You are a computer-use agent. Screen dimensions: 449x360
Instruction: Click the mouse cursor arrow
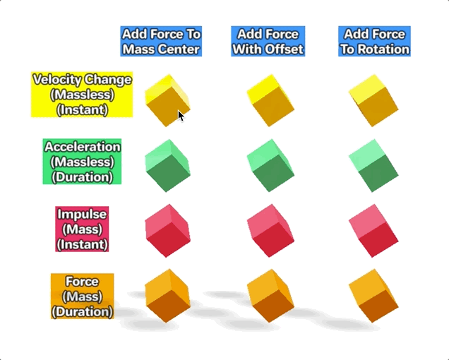click(x=181, y=116)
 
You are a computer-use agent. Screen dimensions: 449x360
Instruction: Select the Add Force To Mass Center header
click(x=161, y=41)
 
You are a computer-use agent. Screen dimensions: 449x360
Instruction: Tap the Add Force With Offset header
click(x=268, y=41)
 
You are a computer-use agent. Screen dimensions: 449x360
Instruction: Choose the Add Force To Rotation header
click(x=375, y=41)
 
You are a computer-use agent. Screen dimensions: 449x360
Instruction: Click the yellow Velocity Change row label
click(x=82, y=95)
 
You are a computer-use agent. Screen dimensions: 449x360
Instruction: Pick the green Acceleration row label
click(x=82, y=162)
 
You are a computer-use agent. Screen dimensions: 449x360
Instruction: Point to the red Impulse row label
click(x=82, y=229)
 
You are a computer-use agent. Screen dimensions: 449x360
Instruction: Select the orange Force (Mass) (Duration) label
click(x=83, y=296)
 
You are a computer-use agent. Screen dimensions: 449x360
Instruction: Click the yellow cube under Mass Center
click(x=167, y=100)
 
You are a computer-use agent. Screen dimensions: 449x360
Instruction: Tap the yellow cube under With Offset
click(x=270, y=100)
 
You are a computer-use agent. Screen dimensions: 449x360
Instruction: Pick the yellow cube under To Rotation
click(x=373, y=100)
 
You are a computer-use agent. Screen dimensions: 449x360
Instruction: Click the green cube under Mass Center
click(x=167, y=166)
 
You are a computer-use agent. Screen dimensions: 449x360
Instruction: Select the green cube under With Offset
click(x=270, y=166)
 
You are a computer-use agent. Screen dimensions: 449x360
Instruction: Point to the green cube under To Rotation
click(x=373, y=166)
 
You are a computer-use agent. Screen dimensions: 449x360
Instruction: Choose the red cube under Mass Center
click(x=167, y=231)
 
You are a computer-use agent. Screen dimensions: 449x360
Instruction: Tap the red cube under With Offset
click(x=270, y=231)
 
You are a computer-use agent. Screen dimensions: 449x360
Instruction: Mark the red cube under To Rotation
click(x=373, y=231)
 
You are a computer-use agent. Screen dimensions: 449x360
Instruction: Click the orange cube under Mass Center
click(x=167, y=296)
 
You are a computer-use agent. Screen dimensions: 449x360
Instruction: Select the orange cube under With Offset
click(x=270, y=296)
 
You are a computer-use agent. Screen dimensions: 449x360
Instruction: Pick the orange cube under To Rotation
click(x=373, y=296)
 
